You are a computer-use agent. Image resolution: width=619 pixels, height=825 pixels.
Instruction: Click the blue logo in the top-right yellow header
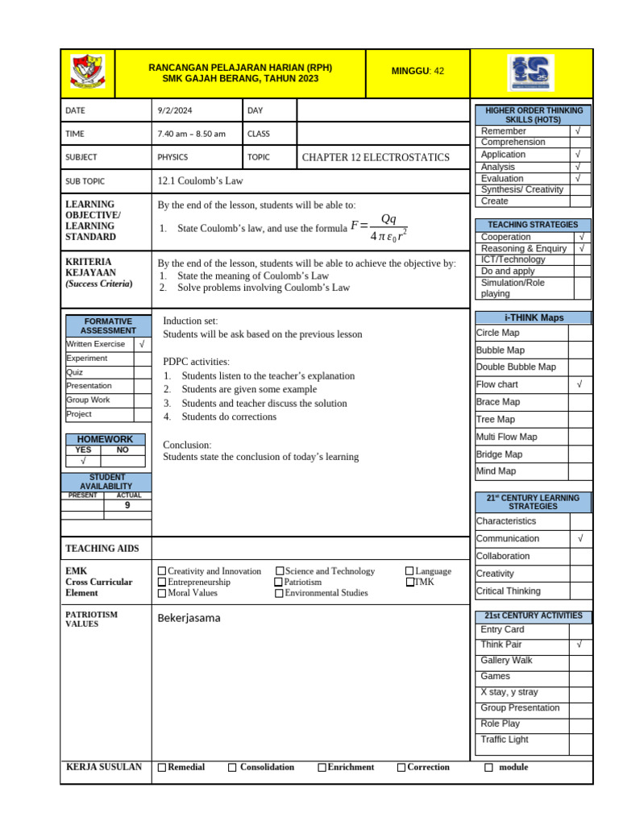[531, 73]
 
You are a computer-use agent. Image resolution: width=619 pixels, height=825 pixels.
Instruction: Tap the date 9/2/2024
[175, 110]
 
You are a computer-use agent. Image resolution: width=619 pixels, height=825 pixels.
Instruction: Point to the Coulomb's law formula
[379, 227]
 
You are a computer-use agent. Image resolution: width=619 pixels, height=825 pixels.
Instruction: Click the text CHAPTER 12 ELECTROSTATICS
[376, 157]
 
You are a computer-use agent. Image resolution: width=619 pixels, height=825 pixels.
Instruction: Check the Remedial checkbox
[162, 768]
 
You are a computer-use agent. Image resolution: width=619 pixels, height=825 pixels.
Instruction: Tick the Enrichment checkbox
[322, 768]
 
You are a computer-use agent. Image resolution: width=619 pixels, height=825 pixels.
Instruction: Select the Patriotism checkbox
[279, 582]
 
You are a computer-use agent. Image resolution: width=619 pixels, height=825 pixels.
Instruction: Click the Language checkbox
[409, 571]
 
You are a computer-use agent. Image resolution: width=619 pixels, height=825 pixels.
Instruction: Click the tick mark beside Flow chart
[579, 385]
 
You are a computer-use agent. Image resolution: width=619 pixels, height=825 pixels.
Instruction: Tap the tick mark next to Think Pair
[579, 645]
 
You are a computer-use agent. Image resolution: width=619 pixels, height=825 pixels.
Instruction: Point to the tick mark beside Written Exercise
[142, 344]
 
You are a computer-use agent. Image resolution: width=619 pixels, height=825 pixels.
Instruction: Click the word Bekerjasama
[189, 618]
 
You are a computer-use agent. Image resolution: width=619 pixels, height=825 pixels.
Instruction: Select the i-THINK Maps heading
[534, 317]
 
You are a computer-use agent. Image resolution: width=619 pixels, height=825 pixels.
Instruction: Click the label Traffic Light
[505, 740]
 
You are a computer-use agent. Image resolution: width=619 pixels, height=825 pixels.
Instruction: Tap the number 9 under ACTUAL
[127, 505]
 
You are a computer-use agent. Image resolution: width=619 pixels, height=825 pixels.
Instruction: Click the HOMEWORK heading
[105, 439]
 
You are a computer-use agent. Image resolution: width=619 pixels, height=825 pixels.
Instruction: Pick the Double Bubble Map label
[516, 367]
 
